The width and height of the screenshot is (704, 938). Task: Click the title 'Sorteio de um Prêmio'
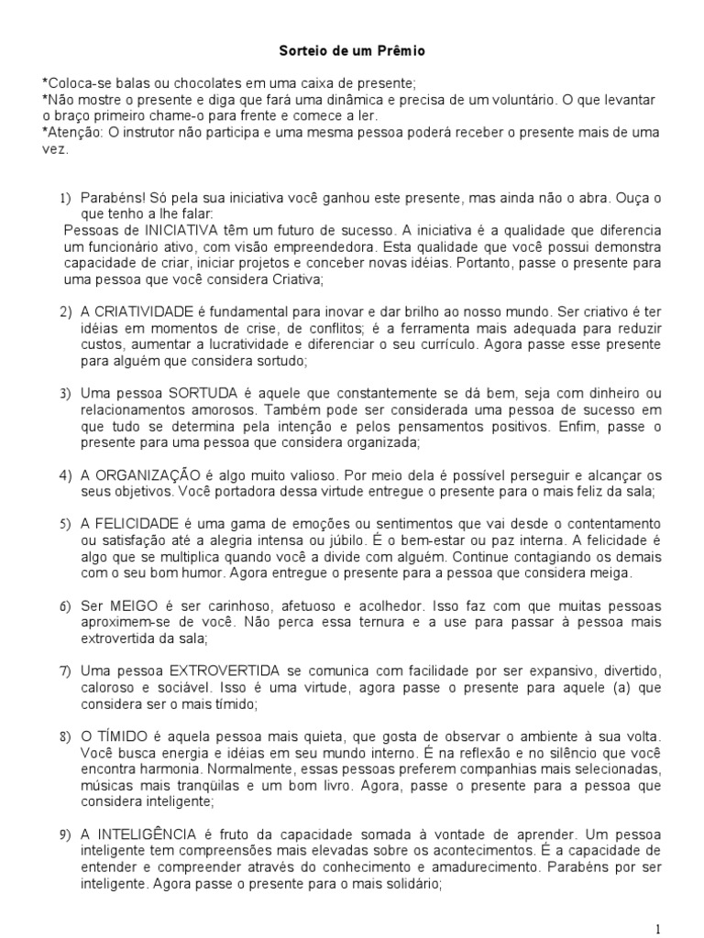click(352, 52)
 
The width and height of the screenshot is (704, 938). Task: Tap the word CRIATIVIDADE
click(141, 311)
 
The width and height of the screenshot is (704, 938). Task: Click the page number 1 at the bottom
click(684, 928)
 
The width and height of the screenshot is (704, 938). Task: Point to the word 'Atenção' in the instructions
click(74, 133)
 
